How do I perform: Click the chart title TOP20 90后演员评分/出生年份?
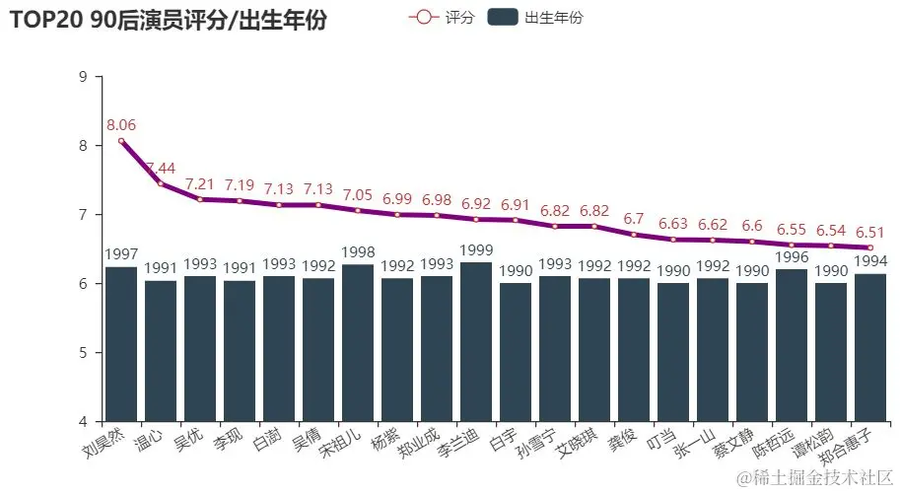tap(168, 19)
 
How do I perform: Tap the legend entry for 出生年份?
tap(536, 17)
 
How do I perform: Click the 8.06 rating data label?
tap(121, 124)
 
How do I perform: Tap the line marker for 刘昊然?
tap(121, 141)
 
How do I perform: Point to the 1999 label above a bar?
tap(476, 251)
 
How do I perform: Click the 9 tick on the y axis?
tap(83, 77)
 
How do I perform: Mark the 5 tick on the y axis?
tap(83, 353)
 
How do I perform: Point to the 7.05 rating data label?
tap(358, 194)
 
